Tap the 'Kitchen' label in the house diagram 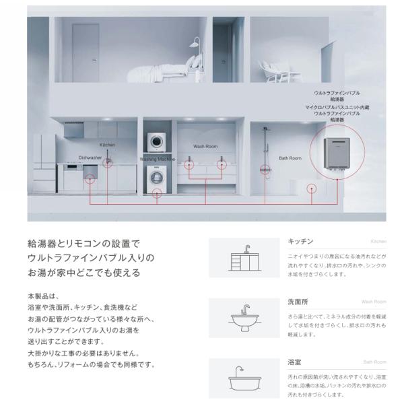point(108,145)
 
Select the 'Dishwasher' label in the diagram point(90,158)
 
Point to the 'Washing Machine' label point(157,160)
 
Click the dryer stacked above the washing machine point(156,142)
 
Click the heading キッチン point(300,241)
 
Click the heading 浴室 point(294,362)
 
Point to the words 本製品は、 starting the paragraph point(46,295)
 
